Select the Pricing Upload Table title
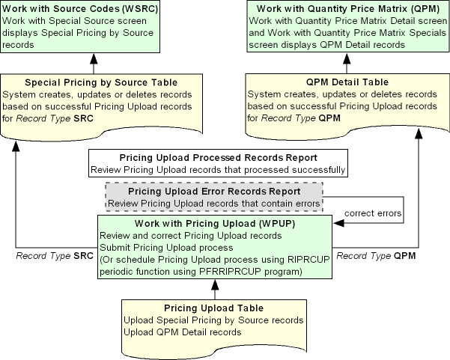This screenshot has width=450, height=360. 213,308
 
